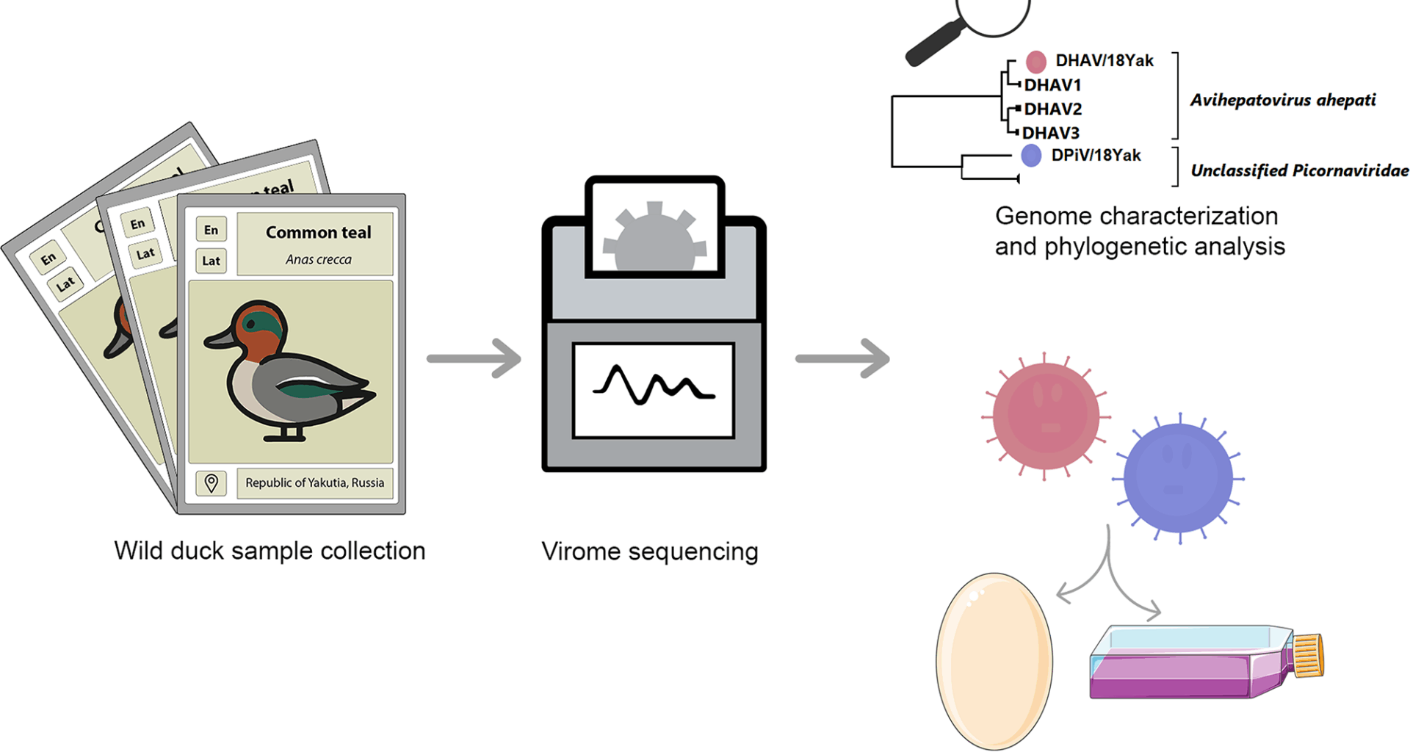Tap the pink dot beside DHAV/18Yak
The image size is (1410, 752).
[1035, 61]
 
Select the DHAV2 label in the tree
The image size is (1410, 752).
[1053, 109]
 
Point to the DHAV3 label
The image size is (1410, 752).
[1051, 133]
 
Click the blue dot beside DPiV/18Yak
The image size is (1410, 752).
[1031, 155]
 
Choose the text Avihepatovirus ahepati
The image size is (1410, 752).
[1282, 100]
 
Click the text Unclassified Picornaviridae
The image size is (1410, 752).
[1299, 170]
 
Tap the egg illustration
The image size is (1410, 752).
[994, 661]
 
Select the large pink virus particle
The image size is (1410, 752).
[1046, 416]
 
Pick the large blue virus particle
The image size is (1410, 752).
[1178, 478]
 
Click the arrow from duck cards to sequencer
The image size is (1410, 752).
[474, 358]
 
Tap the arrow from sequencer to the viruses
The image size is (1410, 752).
[842, 358]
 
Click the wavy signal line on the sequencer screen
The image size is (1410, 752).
[653, 385]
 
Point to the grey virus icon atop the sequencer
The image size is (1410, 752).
[654, 238]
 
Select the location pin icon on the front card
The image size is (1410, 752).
[211, 482]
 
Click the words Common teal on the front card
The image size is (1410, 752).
[318, 232]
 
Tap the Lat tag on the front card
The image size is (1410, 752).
[211, 261]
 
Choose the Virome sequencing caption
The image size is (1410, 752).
[649, 551]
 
